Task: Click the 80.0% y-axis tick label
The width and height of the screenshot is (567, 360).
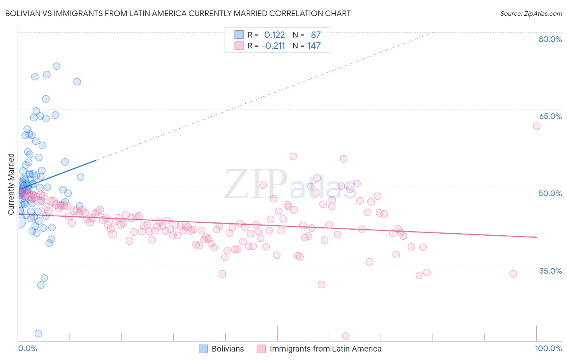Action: click(550, 39)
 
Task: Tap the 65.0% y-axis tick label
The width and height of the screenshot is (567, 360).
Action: click(550, 116)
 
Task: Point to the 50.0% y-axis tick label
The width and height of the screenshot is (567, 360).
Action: click(550, 193)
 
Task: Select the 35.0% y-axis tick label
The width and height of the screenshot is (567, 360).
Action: click(550, 270)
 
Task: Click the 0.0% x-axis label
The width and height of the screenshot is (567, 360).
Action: click(27, 348)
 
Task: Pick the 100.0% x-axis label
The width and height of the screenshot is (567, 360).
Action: click(548, 348)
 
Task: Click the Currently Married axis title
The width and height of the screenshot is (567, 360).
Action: click(11, 184)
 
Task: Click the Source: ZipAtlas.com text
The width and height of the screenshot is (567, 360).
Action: click(531, 13)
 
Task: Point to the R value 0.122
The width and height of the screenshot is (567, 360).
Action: click(274, 35)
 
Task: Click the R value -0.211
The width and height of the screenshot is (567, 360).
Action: click(273, 46)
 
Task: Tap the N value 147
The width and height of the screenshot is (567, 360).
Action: click(314, 46)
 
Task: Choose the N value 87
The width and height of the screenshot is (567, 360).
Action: click(315, 35)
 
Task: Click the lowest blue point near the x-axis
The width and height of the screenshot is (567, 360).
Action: click(38, 333)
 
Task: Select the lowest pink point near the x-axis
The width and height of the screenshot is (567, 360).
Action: click(346, 336)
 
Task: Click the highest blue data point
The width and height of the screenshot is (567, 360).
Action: click(56, 66)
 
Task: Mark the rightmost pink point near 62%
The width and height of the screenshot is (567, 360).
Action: click(537, 126)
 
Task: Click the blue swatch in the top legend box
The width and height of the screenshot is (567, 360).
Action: click(239, 35)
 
